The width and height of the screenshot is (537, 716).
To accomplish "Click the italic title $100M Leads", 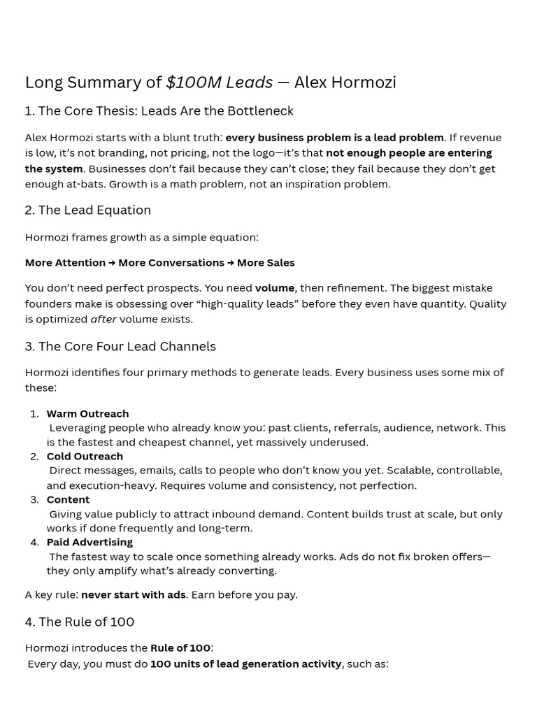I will (x=219, y=83).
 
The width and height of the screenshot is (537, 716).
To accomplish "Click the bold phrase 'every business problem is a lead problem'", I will (x=334, y=138).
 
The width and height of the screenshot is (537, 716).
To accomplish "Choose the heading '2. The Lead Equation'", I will (x=88, y=210).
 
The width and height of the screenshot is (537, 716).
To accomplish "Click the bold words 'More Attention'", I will (x=65, y=263).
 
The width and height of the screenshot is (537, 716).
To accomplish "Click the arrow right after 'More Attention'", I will (x=112, y=263).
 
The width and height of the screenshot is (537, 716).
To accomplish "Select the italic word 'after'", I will (x=103, y=320).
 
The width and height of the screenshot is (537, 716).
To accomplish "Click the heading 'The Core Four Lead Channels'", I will (x=127, y=347).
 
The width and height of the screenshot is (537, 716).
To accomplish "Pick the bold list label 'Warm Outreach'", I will (x=87, y=414).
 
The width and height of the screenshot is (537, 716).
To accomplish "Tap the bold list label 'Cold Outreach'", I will (x=85, y=457).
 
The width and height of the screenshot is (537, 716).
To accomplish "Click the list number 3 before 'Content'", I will (x=34, y=500).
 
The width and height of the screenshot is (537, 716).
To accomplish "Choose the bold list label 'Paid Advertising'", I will (x=89, y=543).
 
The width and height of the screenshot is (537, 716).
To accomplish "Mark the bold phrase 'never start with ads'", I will (x=134, y=595).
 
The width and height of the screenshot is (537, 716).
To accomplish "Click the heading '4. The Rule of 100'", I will (x=80, y=622).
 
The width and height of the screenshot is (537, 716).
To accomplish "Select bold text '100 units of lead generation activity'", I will (x=245, y=664).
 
